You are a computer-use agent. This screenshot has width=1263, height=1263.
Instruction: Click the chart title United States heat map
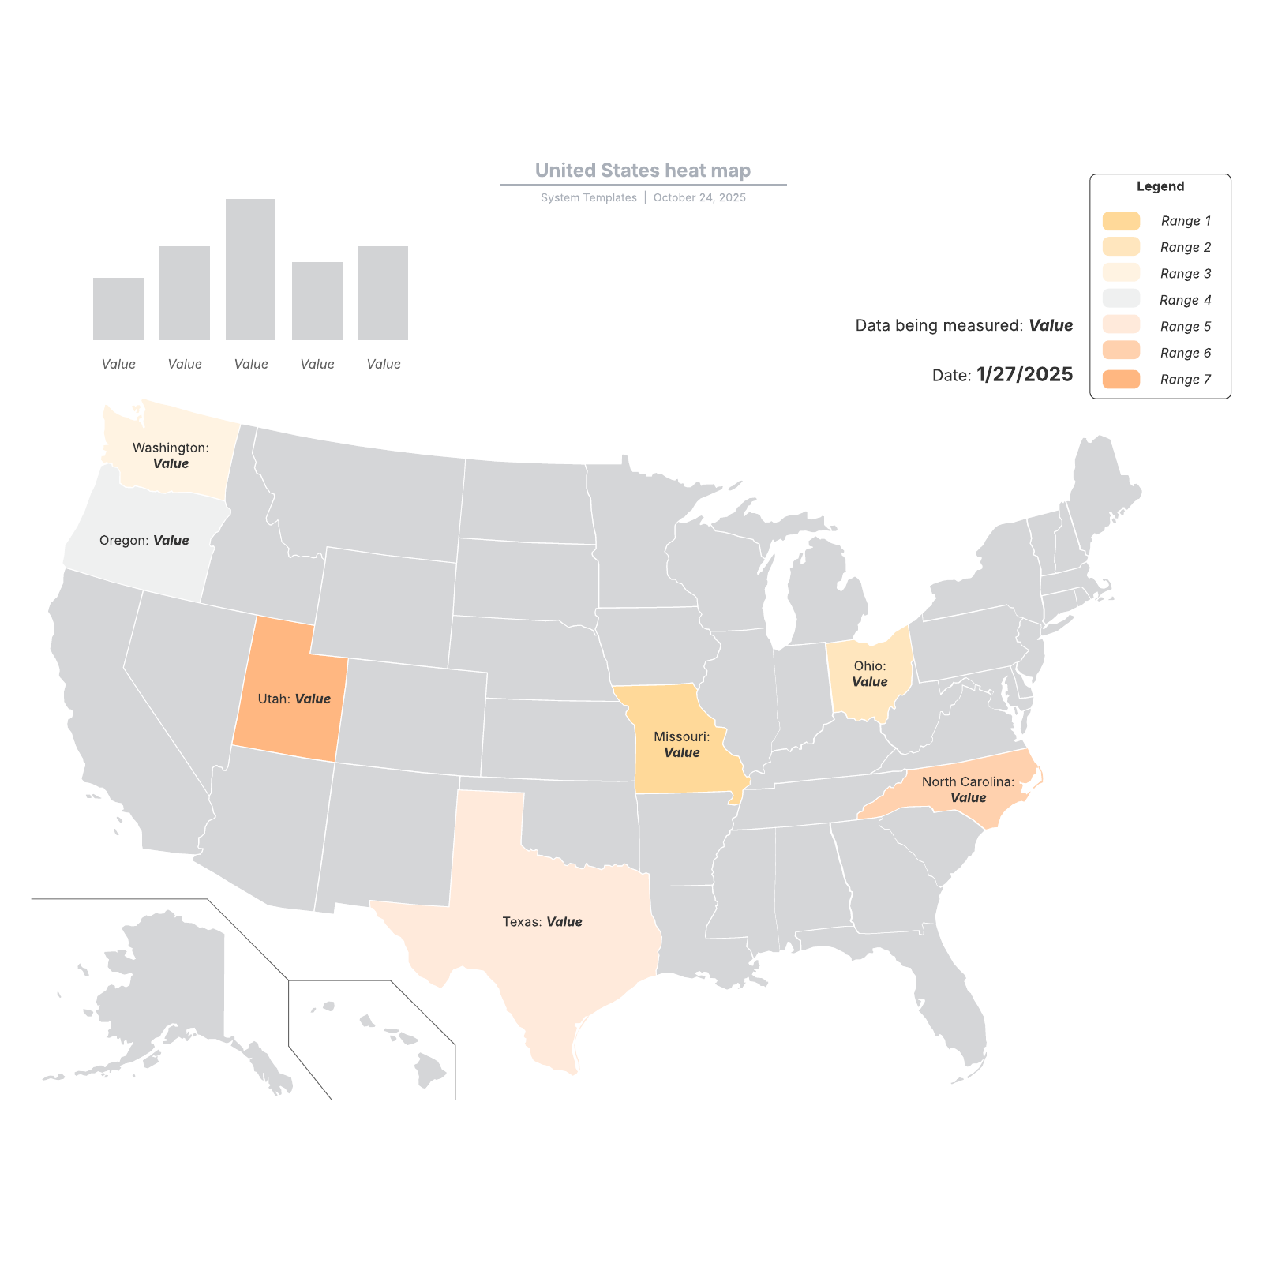[643, 171]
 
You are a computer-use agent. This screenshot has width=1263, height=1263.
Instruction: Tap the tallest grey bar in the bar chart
[250, 269]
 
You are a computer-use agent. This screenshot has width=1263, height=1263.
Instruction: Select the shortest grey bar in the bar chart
[118, 309]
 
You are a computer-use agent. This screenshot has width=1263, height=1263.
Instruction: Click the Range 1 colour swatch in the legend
[1121, 221]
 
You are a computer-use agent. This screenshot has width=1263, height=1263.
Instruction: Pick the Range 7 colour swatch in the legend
[1121, 379]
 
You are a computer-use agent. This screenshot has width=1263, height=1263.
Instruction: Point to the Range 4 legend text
[1185, 300]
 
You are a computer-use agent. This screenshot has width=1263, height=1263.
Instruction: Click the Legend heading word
[1160, 186]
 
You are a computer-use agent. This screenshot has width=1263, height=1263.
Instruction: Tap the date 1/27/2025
[1024, 374]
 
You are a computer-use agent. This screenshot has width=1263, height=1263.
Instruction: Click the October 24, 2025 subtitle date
[699, 197]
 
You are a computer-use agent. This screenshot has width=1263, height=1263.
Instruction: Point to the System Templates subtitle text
[588, 197]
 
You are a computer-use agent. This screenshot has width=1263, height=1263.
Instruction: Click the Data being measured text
[939, 325]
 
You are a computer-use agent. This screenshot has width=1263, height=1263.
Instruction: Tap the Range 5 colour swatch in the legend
[1121, 326]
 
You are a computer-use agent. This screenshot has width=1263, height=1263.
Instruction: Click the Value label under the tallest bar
[251, 364]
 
